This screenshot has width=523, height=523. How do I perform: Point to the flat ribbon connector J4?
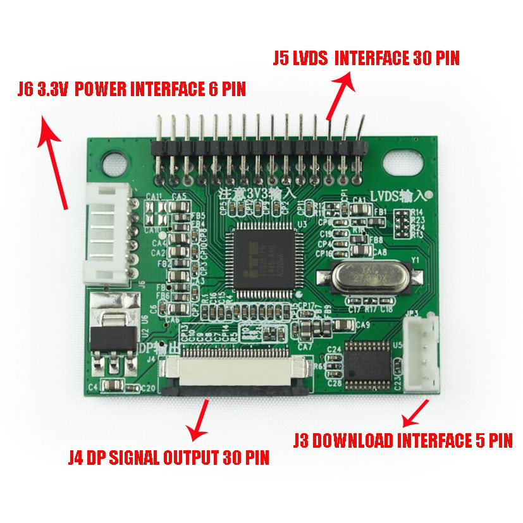point(236,375)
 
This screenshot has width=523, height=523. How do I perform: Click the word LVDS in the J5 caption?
point(310,59)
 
